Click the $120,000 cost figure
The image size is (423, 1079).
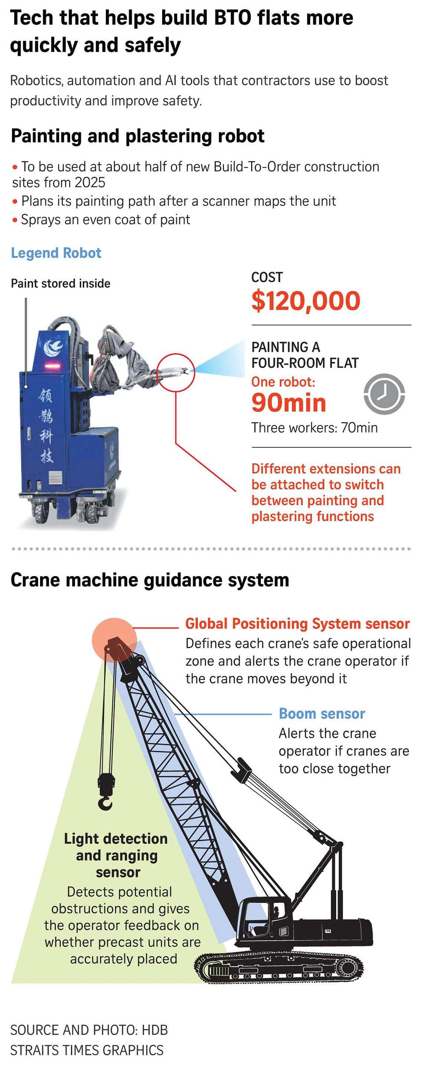click(x=305, y=301)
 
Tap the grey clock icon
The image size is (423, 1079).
click(x=384, y=394)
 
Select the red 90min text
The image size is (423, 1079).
click(x=289, y=403)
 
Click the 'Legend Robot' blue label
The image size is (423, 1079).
click(x=56, y=253)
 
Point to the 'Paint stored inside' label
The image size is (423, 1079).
click(x=61, y=284)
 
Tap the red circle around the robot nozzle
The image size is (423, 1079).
click(x=176, y=372)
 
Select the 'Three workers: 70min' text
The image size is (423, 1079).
click(x=314, y=428)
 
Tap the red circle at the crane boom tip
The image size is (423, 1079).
click(x=114, y=639)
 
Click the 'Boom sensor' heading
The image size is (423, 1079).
click(x=322, y=713)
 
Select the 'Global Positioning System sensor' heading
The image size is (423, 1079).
click(x=297, y=624)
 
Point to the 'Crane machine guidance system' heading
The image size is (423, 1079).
click(x=150, y=580)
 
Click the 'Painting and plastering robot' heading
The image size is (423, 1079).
click(x=138, y=136)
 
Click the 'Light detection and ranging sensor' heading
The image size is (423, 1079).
click(x=116, y=855)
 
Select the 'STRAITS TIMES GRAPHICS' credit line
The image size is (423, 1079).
click(x=87, y=1050)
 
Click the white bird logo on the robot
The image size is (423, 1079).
click(x=53, y=347)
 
